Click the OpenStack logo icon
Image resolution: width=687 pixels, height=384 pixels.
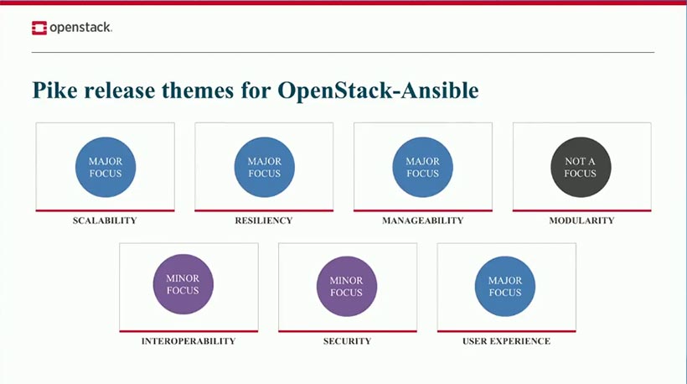pyautogui.click(x=39, y=29)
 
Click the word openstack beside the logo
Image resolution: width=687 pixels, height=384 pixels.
pyautogui.click(x=80, y=29)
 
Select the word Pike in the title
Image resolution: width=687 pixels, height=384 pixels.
pyautogui.click(x=52, y=91)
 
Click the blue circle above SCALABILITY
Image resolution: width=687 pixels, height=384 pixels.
pyautogui.click(x=105, y=167)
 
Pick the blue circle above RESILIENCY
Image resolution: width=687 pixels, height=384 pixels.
pyautogui.click(x=264, y=167)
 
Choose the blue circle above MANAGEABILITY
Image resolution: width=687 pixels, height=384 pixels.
pyautogui.click(x=422, y=167)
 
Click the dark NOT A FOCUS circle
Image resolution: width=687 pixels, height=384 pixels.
pyautogui.click(x=581, y=167)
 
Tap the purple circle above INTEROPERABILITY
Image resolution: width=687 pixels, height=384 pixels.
pyautogui.click(x=183, y=284)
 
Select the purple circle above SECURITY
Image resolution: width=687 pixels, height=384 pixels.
pyautogui.click(x=346, y=286)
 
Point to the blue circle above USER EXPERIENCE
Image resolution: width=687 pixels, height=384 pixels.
pyautogui.click(x=505, y=286)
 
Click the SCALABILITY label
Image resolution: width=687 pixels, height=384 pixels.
pyautogui.click(x=105, y=221)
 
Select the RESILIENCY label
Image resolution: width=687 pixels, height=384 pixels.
pyautogui.click(x=264, y=221)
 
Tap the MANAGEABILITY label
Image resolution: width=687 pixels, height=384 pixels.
pyautogui.click(x=422, y=221)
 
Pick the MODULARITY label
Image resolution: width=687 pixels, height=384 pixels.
pyautogui.click(x=581, y=221)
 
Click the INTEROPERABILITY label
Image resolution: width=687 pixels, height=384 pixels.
pyautogui.click(x=188, y=341)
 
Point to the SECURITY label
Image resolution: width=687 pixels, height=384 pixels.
pyautogui.click(x=347, y=341)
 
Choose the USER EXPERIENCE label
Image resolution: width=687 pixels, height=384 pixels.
pyautogui.click(x=506, y=341)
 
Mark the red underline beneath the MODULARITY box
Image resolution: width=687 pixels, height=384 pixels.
pyautogui.click(x=581, y=210)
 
